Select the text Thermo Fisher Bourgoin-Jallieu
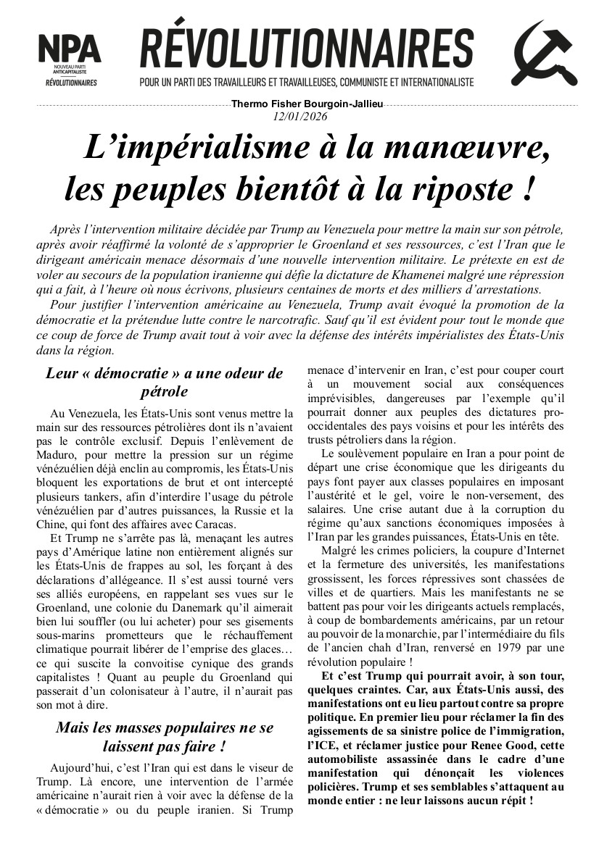coord(307,104)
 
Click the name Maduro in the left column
coord(57,454)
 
